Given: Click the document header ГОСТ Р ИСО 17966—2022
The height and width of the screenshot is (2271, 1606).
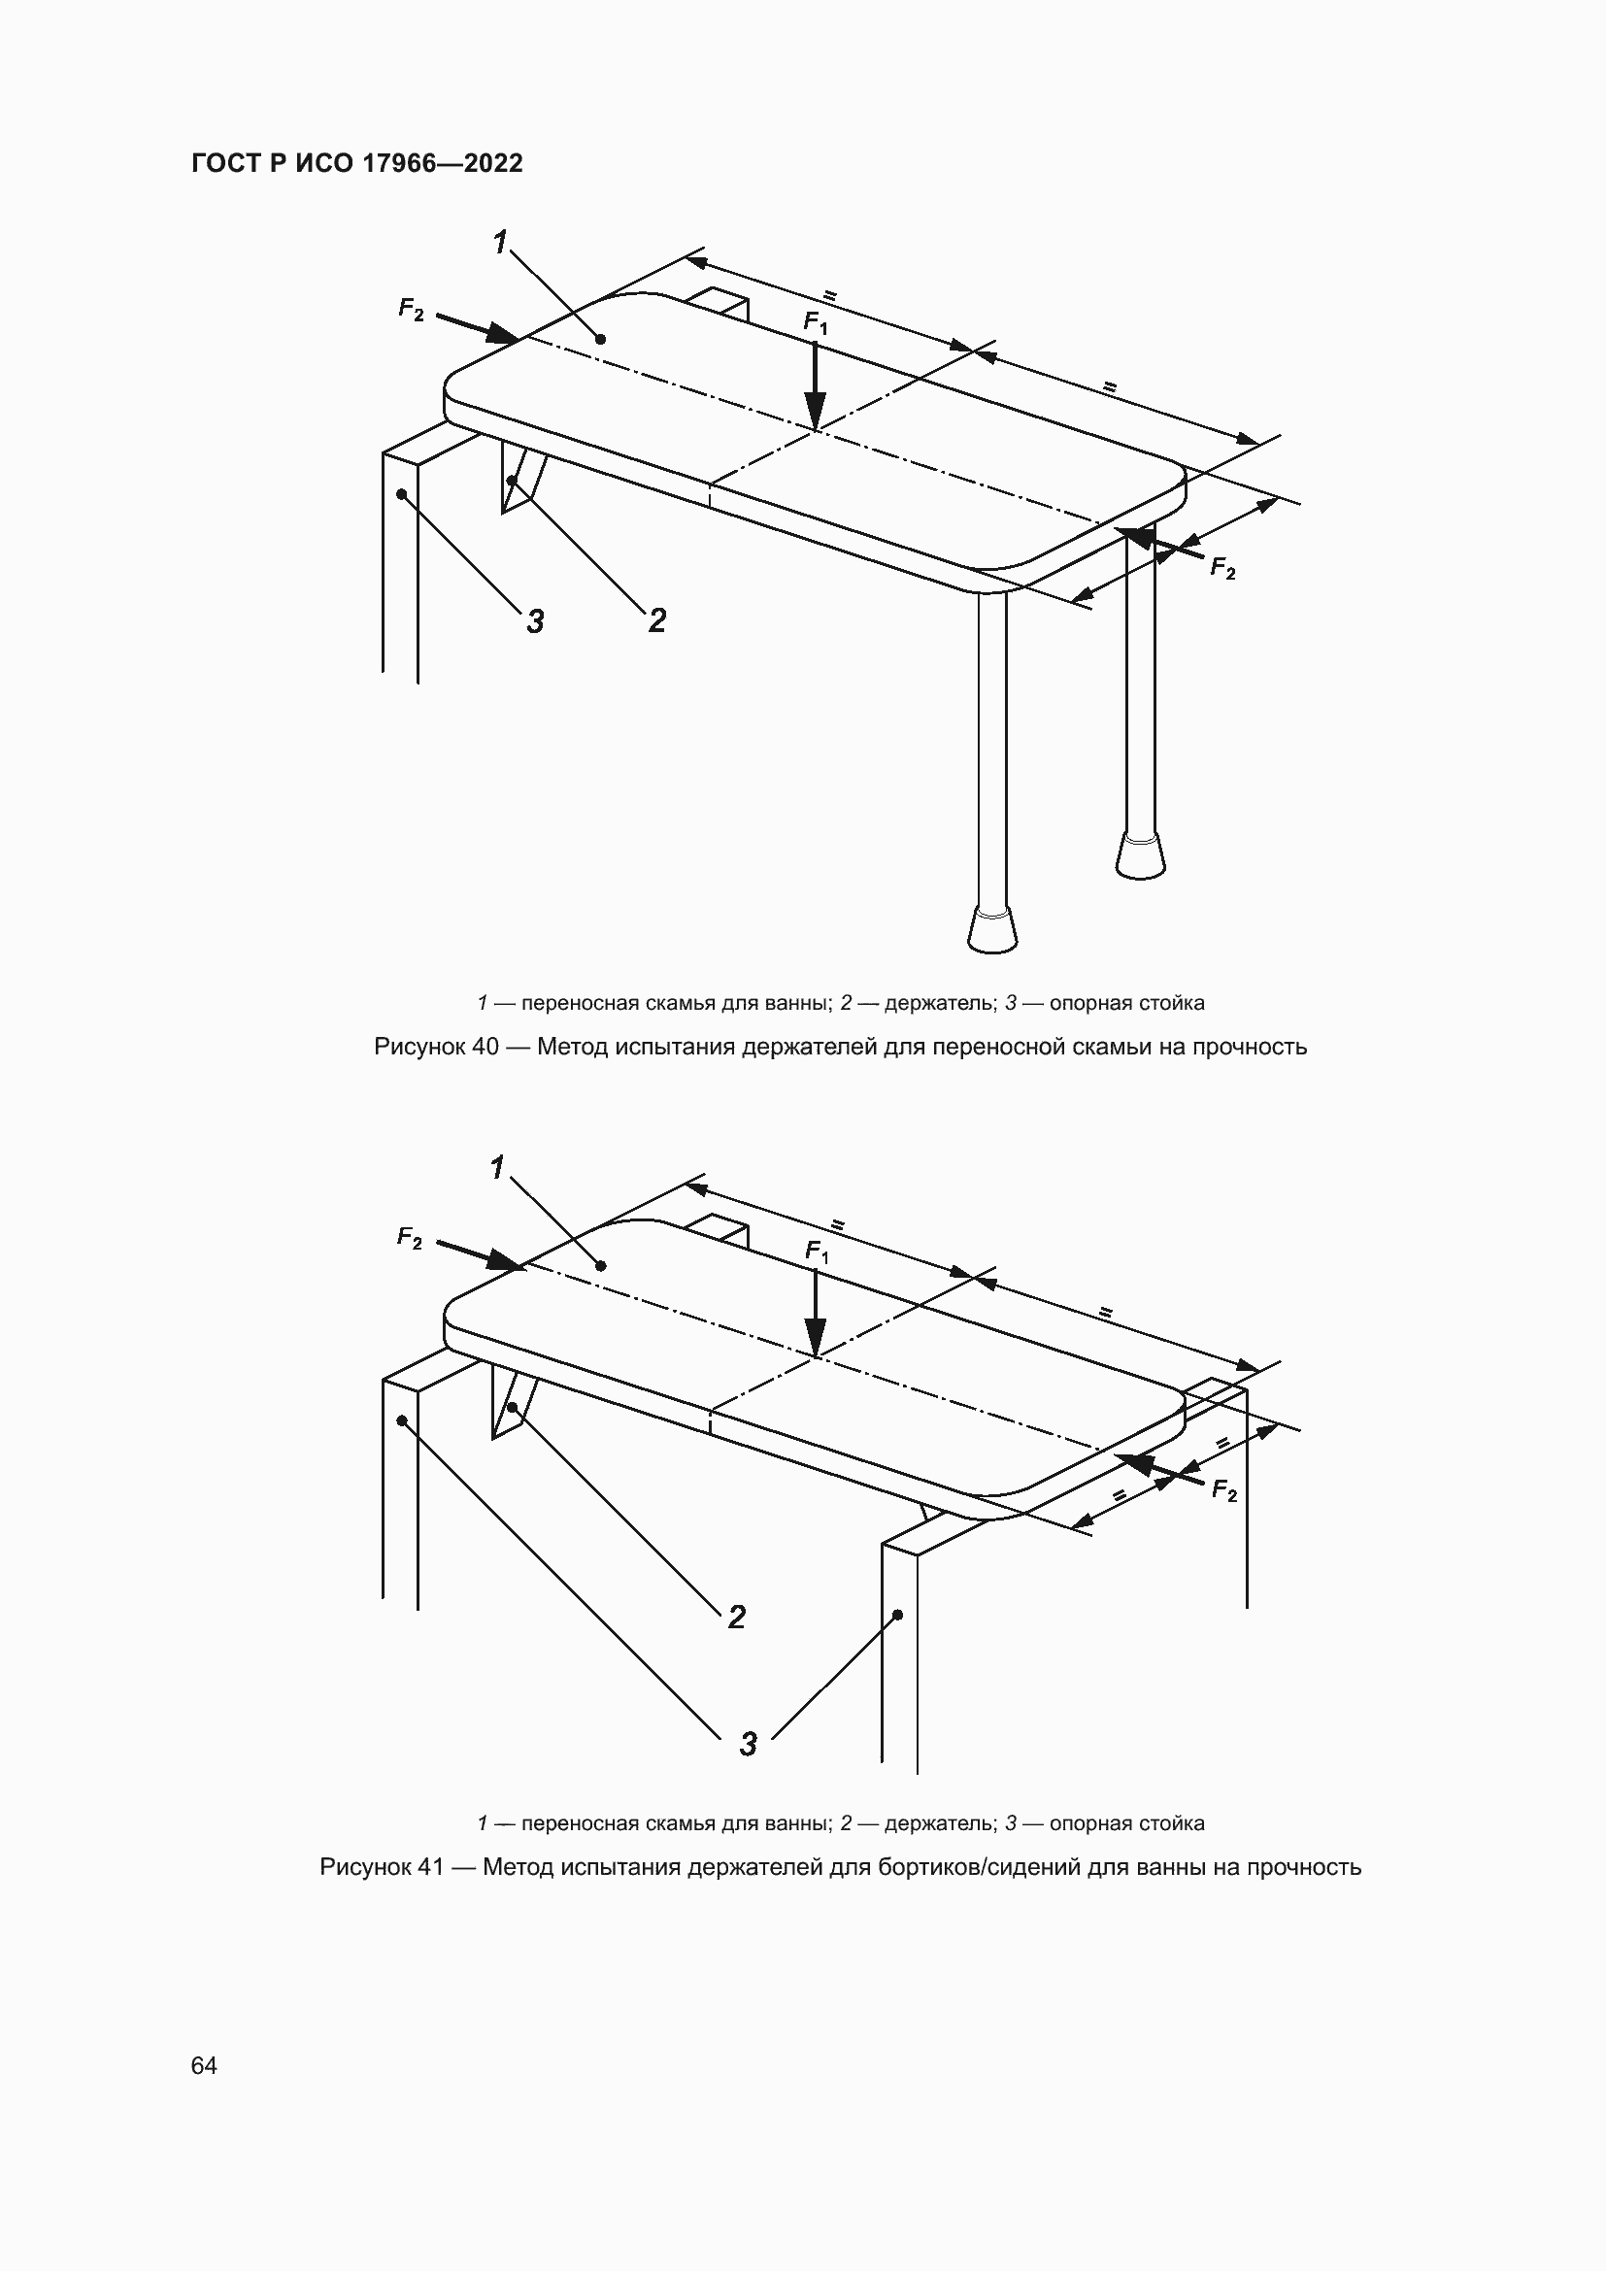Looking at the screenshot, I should coord(357,163).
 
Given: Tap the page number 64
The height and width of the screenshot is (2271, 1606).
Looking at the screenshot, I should coord(204,2065).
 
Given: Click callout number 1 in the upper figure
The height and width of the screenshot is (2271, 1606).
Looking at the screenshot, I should coord(500,242).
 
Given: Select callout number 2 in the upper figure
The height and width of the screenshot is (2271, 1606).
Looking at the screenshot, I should coord(657,620).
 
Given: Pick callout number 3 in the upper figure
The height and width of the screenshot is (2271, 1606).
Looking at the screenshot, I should coord(535,621).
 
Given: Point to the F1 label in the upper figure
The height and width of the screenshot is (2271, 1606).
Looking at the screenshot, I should coord(815,322).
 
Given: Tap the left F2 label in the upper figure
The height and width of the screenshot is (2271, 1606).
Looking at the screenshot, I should coord(411,310).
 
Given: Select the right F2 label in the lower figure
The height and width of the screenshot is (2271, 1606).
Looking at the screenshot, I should coord(1224,1490).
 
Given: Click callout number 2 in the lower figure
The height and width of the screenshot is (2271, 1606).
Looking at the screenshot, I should coord(737,1617).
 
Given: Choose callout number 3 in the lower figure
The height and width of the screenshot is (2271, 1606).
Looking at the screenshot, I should coord(749,1744).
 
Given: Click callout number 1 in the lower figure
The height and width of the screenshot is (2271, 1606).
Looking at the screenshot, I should coord(497,1168).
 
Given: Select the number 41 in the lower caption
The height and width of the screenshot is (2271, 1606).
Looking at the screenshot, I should coord(430,1867).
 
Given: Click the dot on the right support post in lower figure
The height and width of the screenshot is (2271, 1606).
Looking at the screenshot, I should coord(898,1615).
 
